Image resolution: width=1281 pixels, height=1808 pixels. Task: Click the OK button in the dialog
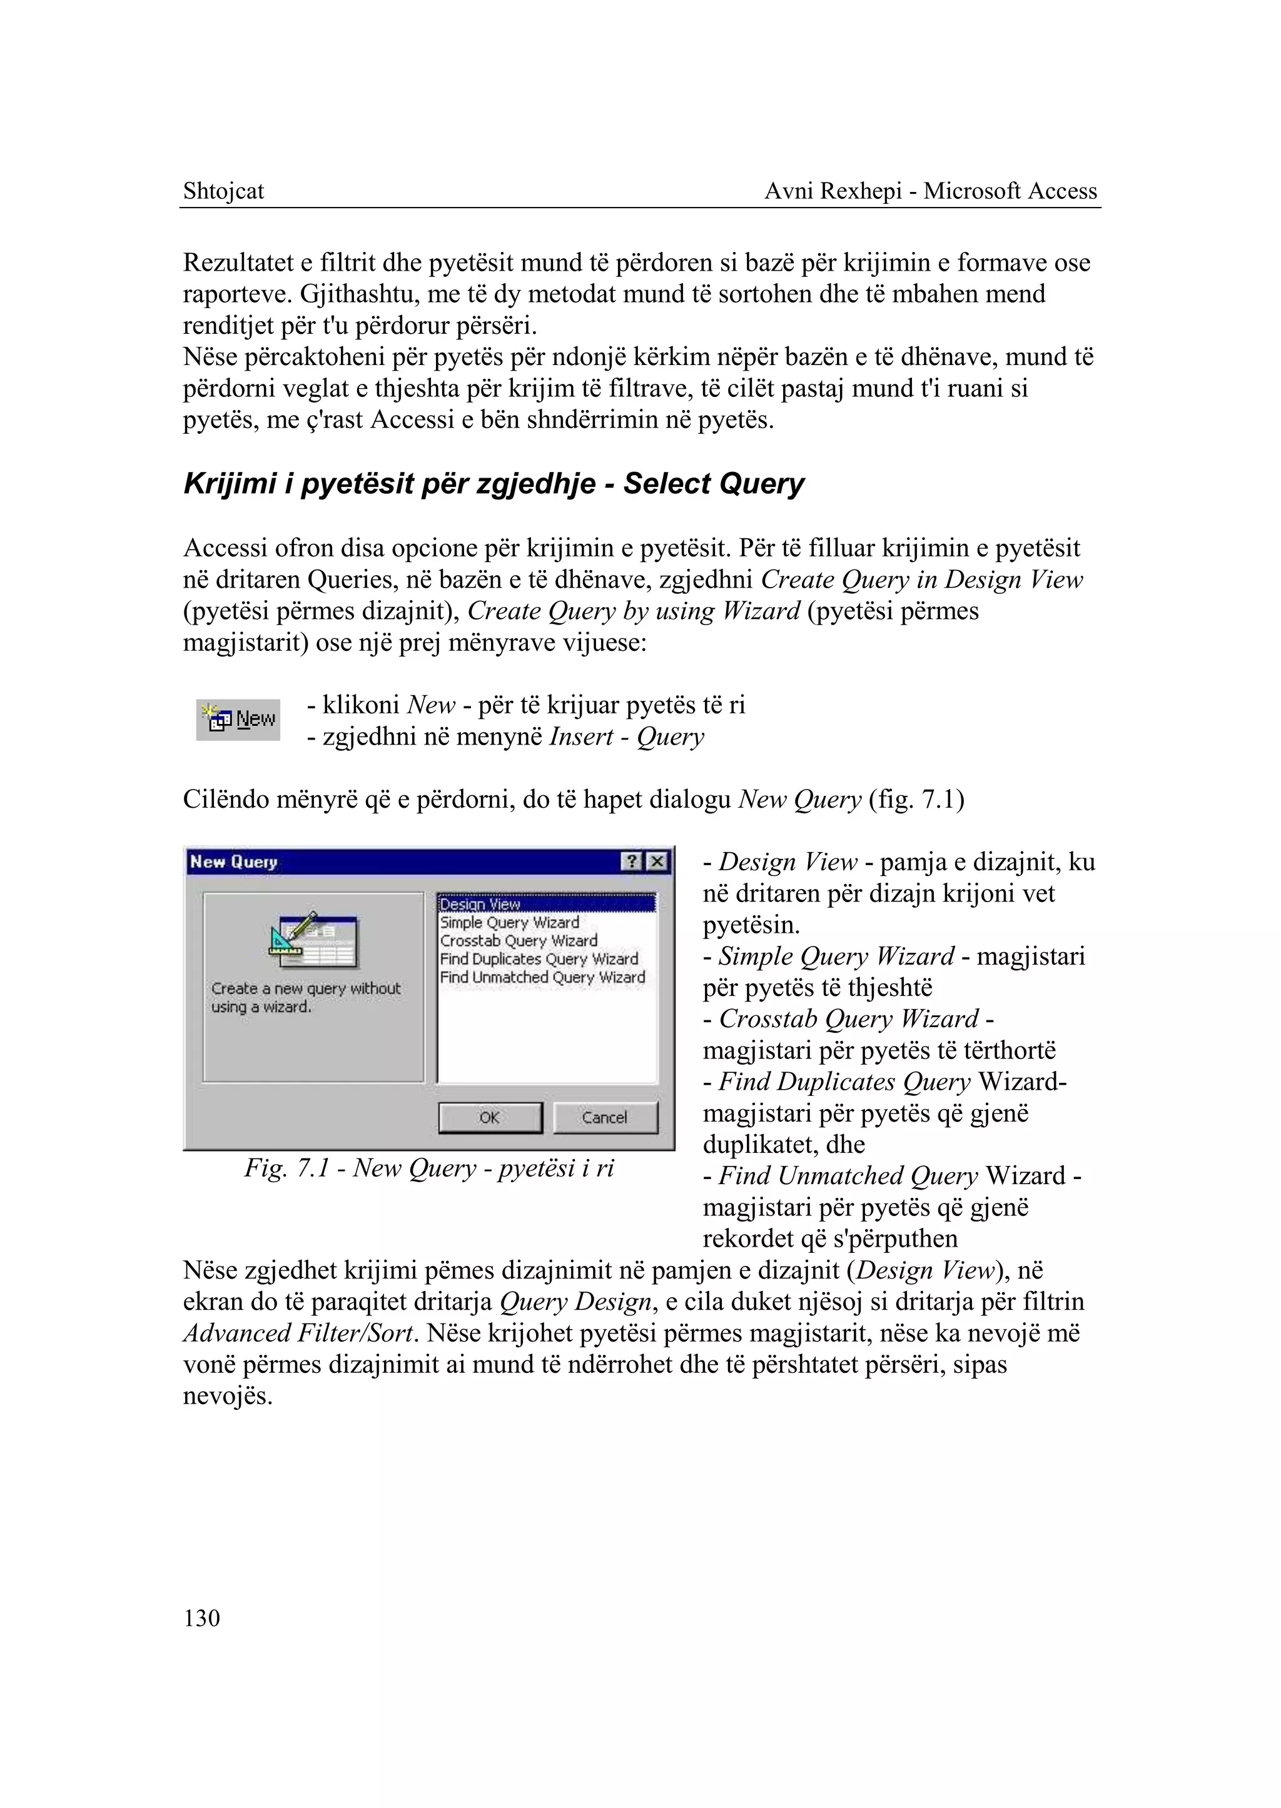(490, 1117)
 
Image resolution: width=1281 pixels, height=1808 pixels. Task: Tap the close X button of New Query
(657, 862)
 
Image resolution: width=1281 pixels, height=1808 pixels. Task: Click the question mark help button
(632, 862)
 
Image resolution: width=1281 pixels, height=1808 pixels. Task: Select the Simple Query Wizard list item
(510, 923)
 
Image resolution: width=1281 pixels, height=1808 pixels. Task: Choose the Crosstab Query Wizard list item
(519, 941)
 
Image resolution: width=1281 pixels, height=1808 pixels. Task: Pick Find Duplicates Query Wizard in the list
(539, 959)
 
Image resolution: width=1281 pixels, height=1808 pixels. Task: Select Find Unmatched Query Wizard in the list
(542, 977)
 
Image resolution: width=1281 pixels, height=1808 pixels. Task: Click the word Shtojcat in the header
(223, 191)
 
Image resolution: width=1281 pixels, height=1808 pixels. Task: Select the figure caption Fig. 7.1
(428, 1168)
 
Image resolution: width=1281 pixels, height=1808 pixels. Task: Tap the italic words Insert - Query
(626, 736)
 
